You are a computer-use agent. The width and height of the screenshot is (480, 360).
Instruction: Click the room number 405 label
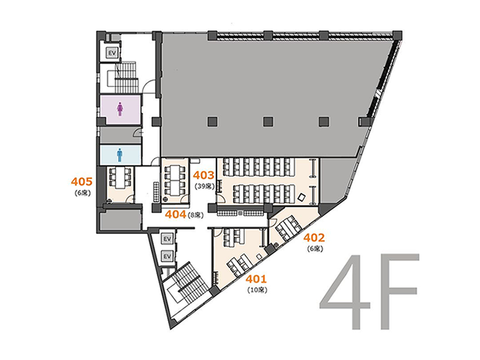(82, 182)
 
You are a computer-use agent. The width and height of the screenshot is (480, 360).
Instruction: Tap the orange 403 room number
(203, 175)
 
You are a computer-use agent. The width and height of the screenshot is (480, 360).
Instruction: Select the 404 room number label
(176, 215)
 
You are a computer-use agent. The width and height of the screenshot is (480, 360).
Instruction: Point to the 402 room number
(314, 238)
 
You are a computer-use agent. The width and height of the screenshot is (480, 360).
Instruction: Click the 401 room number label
(257, 279)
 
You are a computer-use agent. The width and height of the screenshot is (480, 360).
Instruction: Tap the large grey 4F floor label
(369, 292)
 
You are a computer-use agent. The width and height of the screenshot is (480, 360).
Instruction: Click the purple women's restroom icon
(119, 109)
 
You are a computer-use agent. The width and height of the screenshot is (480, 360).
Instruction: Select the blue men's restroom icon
(119, 155)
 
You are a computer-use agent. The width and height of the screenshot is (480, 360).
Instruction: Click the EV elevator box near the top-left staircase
(112, 53)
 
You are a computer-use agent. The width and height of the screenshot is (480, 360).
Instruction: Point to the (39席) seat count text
(205, 185)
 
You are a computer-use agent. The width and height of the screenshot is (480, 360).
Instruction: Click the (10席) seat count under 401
(257, 290)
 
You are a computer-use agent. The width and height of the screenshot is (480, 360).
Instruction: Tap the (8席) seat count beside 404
(196, 215)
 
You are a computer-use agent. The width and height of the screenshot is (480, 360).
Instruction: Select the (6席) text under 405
(82, 193)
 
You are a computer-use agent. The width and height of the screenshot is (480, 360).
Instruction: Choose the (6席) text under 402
(315, 249)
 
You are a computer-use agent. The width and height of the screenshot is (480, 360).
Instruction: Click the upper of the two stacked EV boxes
(167, 239)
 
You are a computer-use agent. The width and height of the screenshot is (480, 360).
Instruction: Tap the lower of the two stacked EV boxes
(167, 256)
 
